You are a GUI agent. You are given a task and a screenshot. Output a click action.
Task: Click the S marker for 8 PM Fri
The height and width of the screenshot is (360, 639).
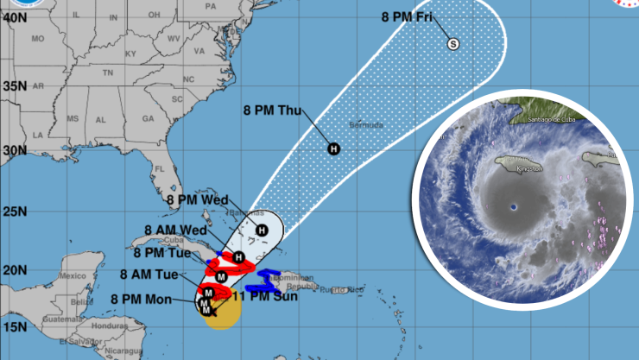coord(452,44)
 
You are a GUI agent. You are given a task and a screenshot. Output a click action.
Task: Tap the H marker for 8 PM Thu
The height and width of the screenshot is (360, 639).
coord(333,149)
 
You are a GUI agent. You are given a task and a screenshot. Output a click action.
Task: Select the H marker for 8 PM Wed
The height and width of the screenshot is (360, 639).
coord(262,230)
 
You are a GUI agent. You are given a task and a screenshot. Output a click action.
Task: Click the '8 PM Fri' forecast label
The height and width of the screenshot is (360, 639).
coord(407,16)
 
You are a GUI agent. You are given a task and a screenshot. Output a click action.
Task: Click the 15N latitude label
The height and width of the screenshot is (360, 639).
coord(12,327)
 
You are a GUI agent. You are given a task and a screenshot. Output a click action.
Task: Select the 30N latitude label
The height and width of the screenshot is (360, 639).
coord(12,149)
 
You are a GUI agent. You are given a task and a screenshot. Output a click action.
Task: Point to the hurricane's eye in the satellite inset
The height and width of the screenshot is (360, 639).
coord(514,206)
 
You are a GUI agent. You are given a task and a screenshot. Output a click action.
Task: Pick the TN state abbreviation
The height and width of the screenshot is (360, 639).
coord(108,73)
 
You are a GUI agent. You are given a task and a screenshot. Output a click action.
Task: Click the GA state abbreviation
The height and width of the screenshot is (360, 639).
coord(147,118)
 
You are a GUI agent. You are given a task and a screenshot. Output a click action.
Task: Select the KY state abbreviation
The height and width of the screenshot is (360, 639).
coord(130,54)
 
